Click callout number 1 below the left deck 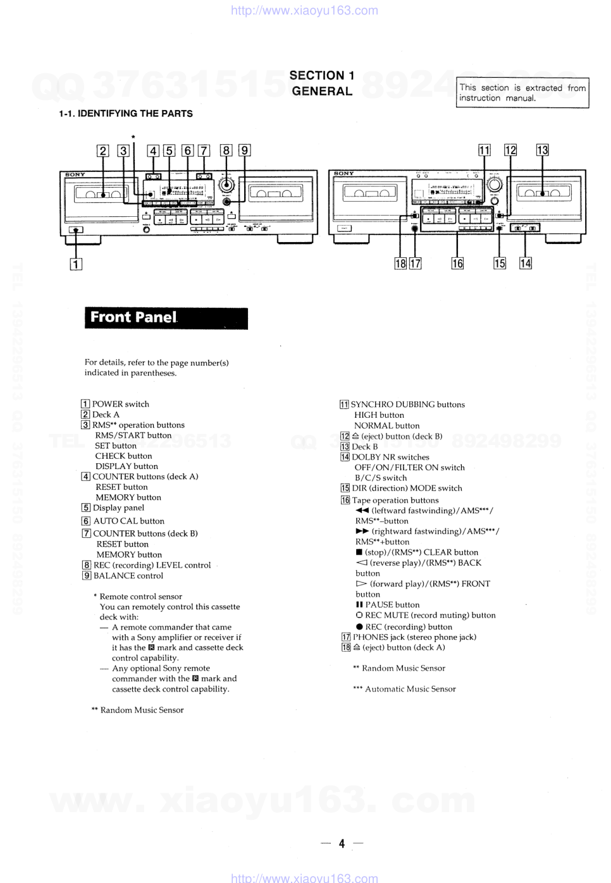(76, 264)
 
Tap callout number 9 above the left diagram (244, 150)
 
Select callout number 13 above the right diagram (542, 150)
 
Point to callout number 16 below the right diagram (457, 264)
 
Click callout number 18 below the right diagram (400, 264)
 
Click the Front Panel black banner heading (166, 318)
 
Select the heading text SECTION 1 (322, 75)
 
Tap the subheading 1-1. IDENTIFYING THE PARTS (126, 114)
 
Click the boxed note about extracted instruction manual (522, 93)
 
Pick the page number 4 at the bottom (342, 843)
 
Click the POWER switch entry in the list (120, 405)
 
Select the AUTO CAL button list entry (128, 521)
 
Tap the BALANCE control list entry (128, 576)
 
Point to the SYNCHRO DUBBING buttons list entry (407, 405)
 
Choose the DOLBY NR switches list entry (390, 457)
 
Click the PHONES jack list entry (414, 637)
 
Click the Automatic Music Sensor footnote (409, 689)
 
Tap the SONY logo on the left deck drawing (75, 174)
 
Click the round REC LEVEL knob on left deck (226, 185)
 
